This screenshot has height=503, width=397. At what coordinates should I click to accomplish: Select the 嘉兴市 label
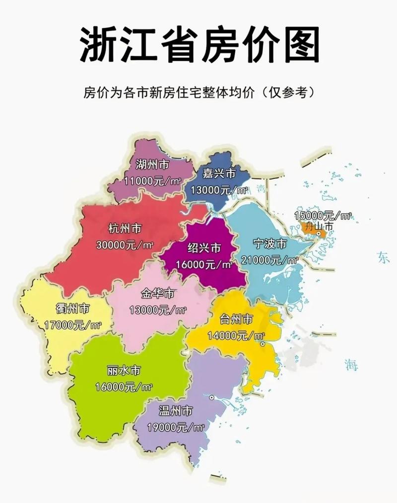[x=219, y=173]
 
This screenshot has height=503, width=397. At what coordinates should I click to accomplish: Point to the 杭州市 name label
[x=125, y=228]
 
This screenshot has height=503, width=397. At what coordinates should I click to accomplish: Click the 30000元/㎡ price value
[x=125, y=244]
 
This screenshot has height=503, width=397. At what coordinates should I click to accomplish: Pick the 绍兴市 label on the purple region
[x=204, y=248]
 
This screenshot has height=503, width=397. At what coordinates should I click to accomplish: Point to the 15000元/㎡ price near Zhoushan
[x=323, y=216]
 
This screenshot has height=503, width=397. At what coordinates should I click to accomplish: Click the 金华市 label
[x=158, y=293]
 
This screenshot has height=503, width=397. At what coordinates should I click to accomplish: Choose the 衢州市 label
[x=73, y=309]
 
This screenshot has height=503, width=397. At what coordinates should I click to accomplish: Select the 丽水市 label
[x=124, y=370]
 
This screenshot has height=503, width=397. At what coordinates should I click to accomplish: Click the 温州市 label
[x=176, y=411]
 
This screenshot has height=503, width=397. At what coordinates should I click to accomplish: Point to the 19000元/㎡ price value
[x=176, y=427]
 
